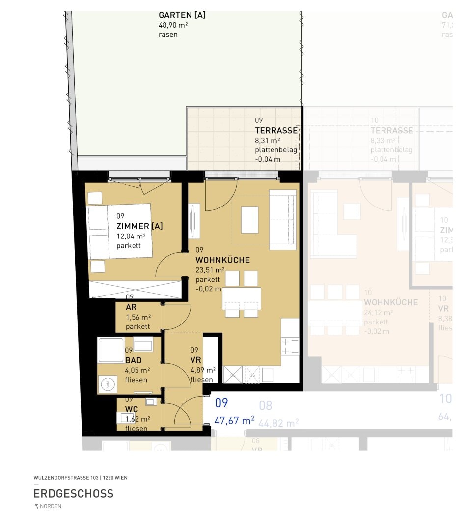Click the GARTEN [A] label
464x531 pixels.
(182, 15)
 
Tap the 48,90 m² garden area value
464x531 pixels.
(173, 25)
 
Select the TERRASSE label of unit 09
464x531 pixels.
(276, 131)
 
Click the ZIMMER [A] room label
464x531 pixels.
(139, 226)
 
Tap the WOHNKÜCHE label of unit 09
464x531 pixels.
(222, 260)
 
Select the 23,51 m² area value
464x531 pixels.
(210, 270)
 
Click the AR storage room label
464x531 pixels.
(131, 307)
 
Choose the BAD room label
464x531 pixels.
(133, 360)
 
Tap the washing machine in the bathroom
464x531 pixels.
(108, 383)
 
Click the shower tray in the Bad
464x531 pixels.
(110, 350)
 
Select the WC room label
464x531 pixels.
(131, 409)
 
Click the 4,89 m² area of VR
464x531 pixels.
(203, 370)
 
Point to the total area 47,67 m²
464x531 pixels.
(234, 421)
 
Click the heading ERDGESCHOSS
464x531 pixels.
(73, 493)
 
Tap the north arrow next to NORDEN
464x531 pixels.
(36, 506)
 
